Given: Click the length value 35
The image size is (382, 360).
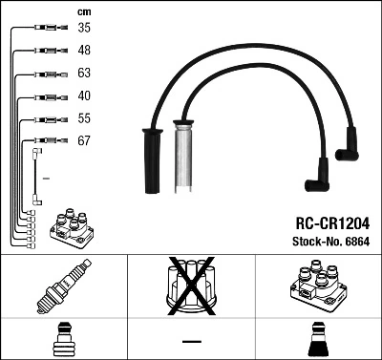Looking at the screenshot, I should pyautogui.click(x=84, y=29).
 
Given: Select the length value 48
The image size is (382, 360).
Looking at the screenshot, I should pyautogui.click(x=84, y=51).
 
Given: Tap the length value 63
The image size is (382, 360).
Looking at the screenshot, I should pyautogui.click(x=84, y=74).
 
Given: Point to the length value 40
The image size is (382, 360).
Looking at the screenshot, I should pyautogui.click(x=84, y=95).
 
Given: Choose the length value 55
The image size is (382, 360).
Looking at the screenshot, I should pyautogui.click(x=84, y=118).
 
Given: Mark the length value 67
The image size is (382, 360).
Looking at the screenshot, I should pyautogui.click(x=84, y=140).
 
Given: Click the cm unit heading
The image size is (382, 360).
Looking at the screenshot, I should pyautogui.click(x=83, y=11).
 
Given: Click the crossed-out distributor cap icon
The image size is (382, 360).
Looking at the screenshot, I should pyautogui.click(x=190, y=287).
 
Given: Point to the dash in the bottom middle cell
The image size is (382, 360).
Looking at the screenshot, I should pyautogui.click(x=191, y=341).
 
